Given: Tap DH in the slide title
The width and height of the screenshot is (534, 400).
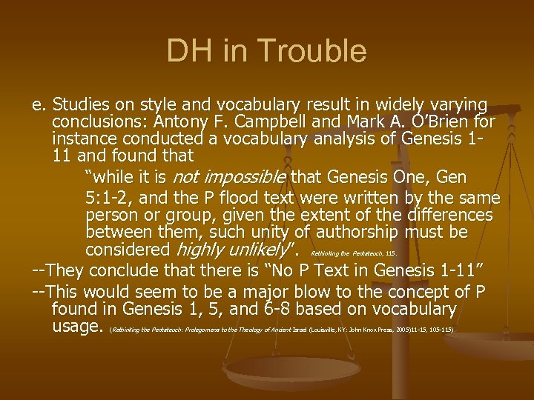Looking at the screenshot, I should (x=187, y=51).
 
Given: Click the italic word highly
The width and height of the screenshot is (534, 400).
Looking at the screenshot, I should (x=200, y=250).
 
